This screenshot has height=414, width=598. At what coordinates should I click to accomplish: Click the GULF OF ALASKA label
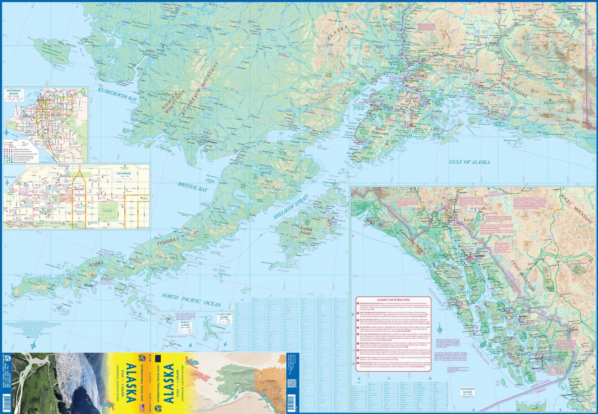click(x=469, y=162)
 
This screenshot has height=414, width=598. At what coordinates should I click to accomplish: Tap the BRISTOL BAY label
click(x=193, y=187)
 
